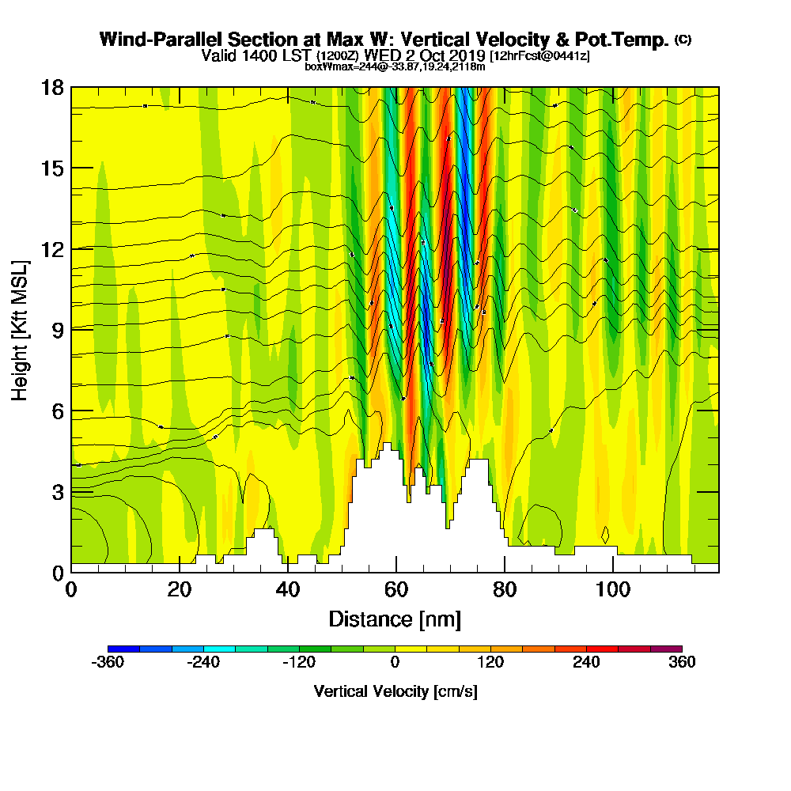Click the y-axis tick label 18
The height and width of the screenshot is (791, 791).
click(x=51, y=87)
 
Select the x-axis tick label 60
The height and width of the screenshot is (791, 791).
click(x=395, y=590)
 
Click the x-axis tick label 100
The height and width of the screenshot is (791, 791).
click(x=611, y=590)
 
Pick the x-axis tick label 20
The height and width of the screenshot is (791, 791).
click(x=180, y=590)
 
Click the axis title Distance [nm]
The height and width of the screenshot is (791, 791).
click(x=395, y=619)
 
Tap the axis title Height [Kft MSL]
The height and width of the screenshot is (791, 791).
click(x=20, y=329)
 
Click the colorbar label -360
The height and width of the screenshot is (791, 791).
click(x=108, y=662)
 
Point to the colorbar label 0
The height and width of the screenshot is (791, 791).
click(x=395, y=662)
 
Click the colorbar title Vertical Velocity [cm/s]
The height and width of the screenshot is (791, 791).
click(x=395, y=691)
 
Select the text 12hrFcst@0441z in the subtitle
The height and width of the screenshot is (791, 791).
click(x=539, y=56)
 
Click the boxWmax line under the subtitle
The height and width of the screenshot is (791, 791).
click(x=395, y=66)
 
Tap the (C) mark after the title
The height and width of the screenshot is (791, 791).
click(x=683, y=40)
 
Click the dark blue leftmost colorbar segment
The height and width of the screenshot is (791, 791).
click(x=123, y=649)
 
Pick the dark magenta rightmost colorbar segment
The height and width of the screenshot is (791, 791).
click(x=666, y=649)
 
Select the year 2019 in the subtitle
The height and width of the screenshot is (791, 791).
click(x=467, y=55)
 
